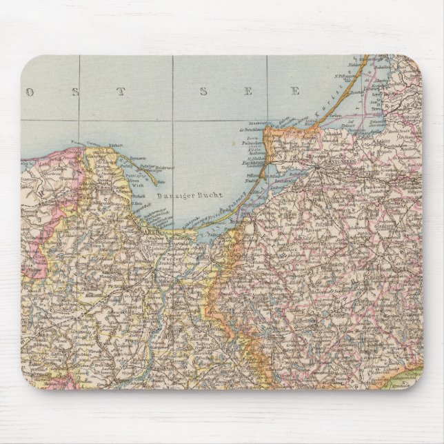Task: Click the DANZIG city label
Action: coord(154,234)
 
